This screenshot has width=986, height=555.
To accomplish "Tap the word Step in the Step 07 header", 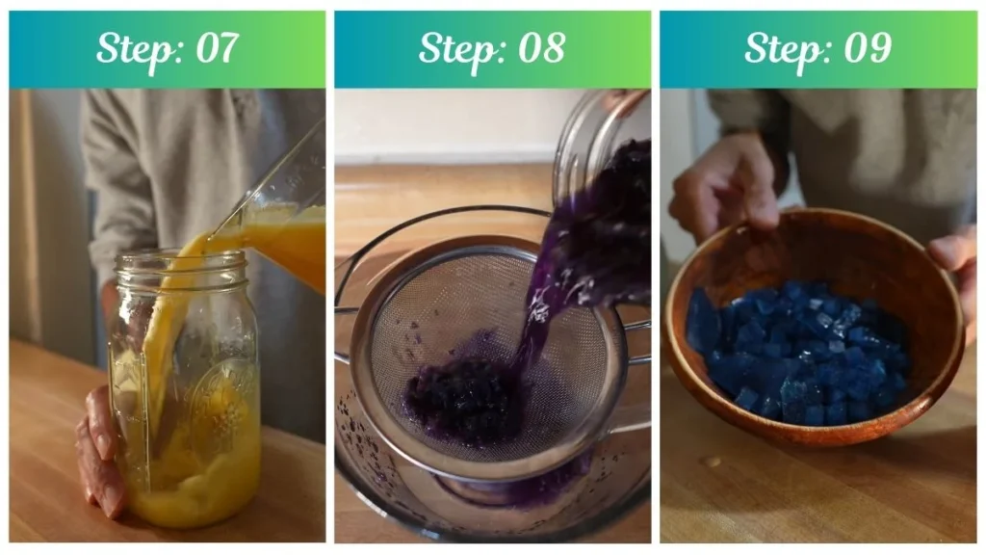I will (x=134, y=48).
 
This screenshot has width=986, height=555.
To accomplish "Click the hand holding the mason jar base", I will (x=100, y=453).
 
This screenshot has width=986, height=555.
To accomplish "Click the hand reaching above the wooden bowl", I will (x=722, y=188).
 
